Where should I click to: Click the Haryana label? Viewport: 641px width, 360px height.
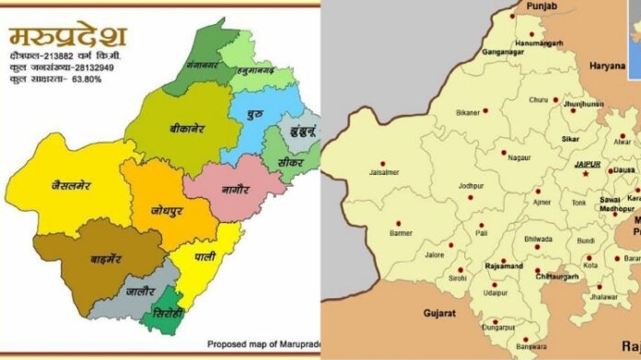(x=609, y=66)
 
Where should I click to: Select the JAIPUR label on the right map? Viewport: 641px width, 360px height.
(x=587, y=164)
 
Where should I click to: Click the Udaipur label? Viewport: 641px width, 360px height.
(x=495, y=292)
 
